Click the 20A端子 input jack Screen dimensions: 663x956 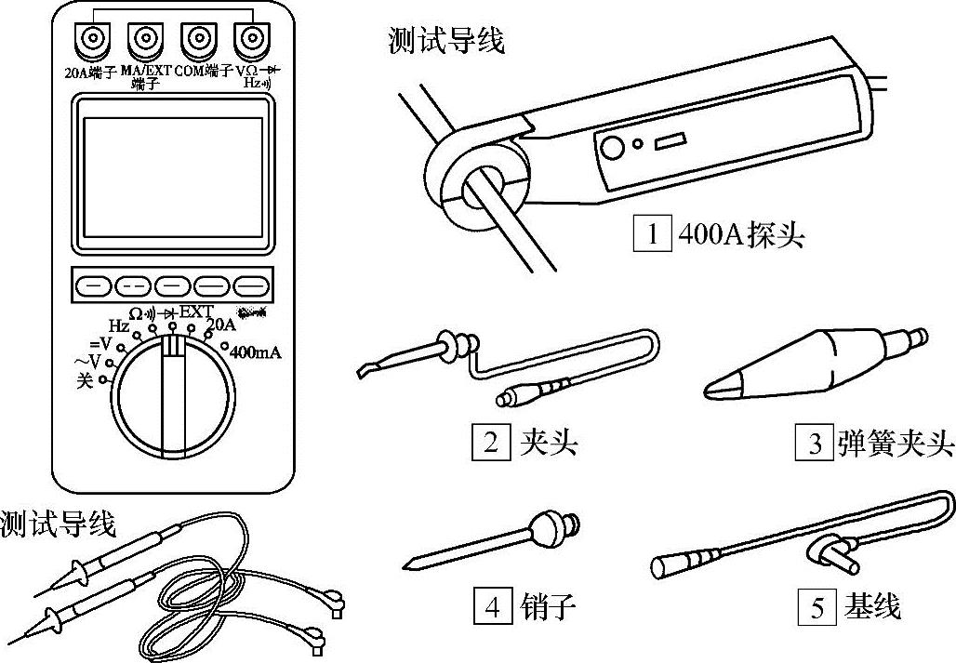pos(93,39)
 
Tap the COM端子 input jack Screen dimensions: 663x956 pos(197,39)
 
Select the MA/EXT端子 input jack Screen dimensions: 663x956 pos(145,39)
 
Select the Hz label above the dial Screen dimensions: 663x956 pos(118,325)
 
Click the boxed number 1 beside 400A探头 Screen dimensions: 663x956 pos(653,233)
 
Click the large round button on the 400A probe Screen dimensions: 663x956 pos(611,147)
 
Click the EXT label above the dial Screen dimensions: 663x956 pos(196,312)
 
